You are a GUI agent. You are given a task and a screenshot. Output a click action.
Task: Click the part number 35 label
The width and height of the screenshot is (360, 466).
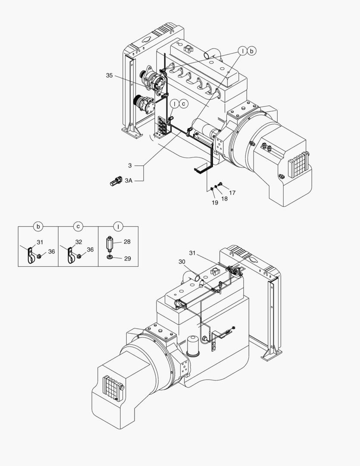tap(110, 76)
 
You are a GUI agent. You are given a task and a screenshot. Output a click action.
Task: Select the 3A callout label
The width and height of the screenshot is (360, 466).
tap(128, 181)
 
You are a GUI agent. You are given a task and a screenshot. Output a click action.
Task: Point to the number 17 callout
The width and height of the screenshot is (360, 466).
tap(232, 193)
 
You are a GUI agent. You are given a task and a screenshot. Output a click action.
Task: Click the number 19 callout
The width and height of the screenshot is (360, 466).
tap(215, 202)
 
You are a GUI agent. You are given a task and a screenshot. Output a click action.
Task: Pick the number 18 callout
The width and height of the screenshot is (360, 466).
tap(224, 198)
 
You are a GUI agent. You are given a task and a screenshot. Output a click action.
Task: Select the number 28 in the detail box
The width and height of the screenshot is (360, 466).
tap(127, 242)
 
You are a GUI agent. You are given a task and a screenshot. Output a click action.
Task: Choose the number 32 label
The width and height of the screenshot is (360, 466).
tap(78, 242)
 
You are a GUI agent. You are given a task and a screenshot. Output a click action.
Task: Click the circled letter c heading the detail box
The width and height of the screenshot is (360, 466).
tap(78, 226)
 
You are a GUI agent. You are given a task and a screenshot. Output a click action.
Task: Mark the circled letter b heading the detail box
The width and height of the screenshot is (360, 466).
tap(38, 226)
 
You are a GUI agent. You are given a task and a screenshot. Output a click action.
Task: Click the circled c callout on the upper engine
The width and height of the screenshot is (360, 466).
tap(183, 104)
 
